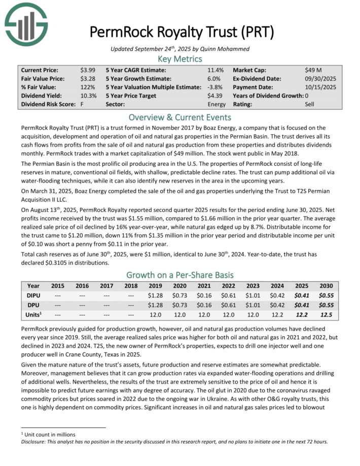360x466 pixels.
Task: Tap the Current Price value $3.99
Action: [86, 70]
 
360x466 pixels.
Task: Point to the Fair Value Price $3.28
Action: [86, 79]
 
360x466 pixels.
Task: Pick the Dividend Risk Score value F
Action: [82, 104]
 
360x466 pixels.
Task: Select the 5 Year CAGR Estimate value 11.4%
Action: [215, 70]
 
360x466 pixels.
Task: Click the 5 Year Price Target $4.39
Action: [215, 95]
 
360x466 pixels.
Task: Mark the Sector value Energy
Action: [217, 104]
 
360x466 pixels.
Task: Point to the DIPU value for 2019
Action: [155, 296]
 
